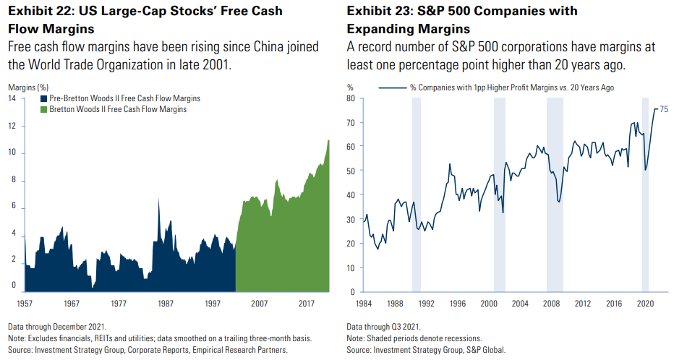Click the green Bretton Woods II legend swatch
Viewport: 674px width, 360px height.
click(43, 109)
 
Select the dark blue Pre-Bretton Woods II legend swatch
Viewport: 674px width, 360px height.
click(43, 98)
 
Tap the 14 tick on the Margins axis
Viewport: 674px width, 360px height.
click(12, 98)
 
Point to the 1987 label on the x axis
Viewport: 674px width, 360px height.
click(166, 304)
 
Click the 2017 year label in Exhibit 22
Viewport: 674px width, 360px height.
click(307, 304)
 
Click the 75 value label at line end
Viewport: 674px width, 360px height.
click(664, 109)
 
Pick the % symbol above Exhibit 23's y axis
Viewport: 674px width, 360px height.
click(350, 87)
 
